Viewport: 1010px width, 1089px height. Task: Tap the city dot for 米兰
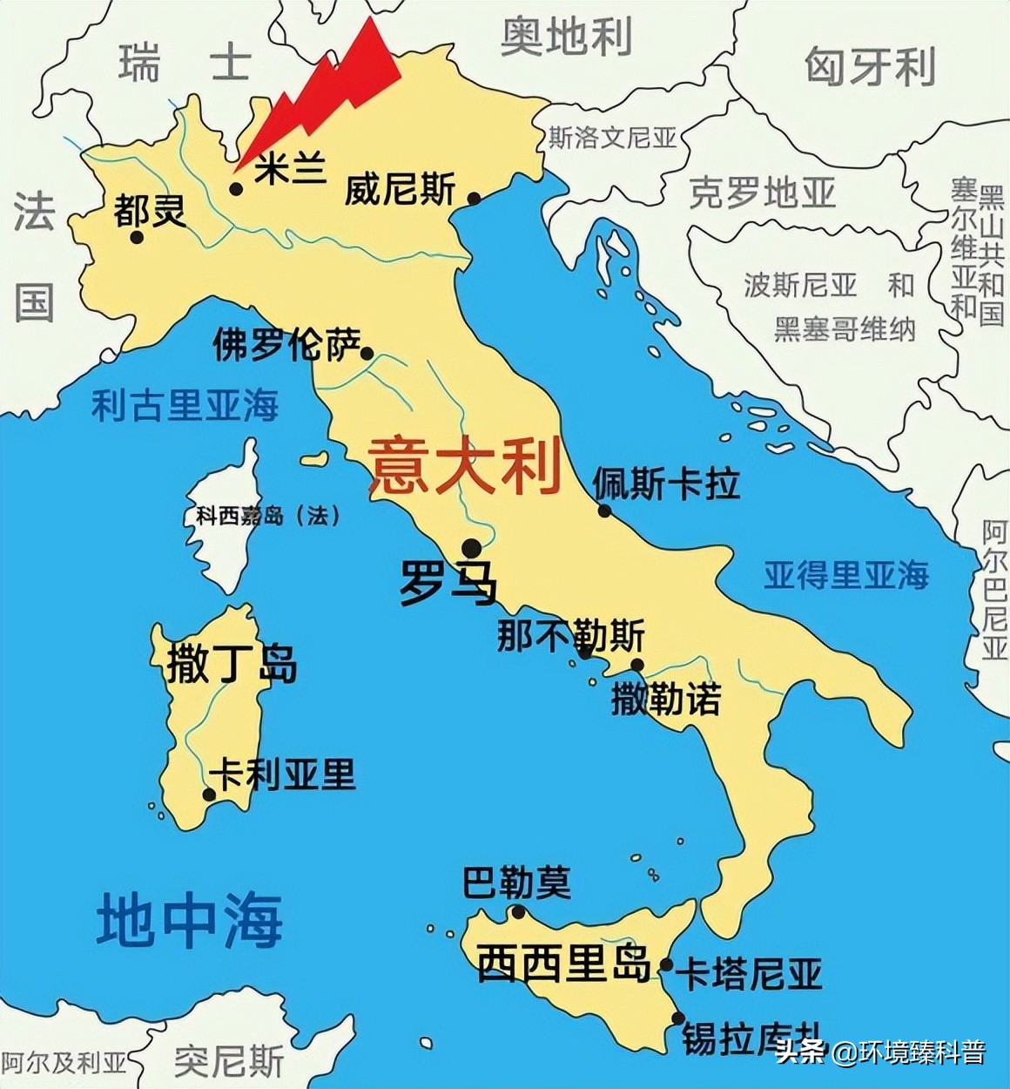pyautogui.click(x=235, y=188)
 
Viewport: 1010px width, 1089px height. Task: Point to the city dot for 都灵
pyautogui.click(x=137, y=236)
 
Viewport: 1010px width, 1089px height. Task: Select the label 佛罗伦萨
pyautogui.click(x=287, y=345)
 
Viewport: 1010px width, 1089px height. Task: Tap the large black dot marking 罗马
pyautogui.click(x=471, y=548)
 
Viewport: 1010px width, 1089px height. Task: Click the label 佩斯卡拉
pyautogui.click(x=666, y=484)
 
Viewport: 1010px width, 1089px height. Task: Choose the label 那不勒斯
pyautogui.click(x=570, y=635)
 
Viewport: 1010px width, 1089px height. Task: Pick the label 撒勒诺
pyautogui.click(x=666, y=699)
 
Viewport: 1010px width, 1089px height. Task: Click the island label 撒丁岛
pyautogui.click(x=232, y=664)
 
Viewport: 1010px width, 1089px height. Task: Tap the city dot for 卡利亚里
pyautogui.click(x=209, y=794)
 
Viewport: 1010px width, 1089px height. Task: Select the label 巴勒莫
pyautogui.click(x=516, y=883)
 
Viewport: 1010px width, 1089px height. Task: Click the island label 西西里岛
pyautogui.click(x=564, y=964)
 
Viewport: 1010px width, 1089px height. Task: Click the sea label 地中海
pyautogui.click(x=190, y=920)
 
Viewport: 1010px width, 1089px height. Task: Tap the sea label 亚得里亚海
pyautogui.click(x=846, y=575)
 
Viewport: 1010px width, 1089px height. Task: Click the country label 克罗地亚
pyautogui.click(x=762, y=193)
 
